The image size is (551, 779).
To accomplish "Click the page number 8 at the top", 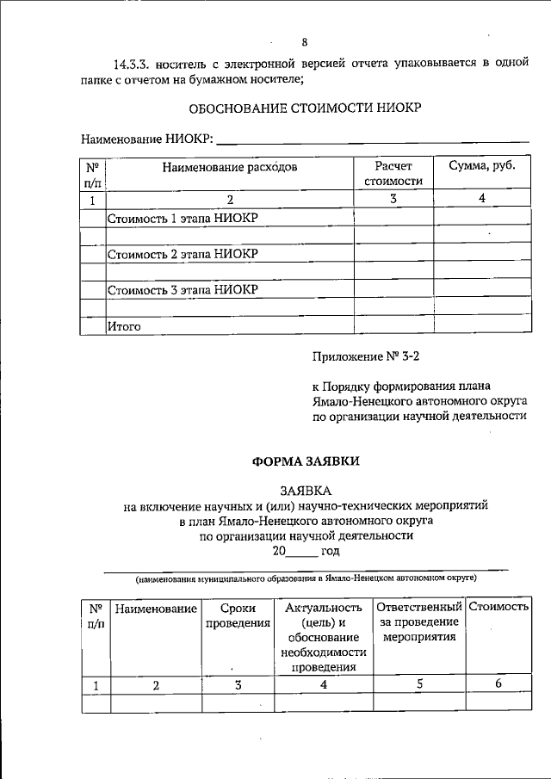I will pyautogui.click(x=304, y=41).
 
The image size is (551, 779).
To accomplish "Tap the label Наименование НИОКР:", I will pyautogui.click(x=147, y=139).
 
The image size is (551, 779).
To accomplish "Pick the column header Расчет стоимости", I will pyautogui.click(x=393, y=174).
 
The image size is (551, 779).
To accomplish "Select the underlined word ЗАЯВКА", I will pyautogui.click(x=305, y=489).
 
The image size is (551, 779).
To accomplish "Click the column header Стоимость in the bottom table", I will pyautogui.click(x=498, y=608).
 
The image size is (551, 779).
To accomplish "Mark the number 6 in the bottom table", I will pyautogui.click(x=498, y=685).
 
